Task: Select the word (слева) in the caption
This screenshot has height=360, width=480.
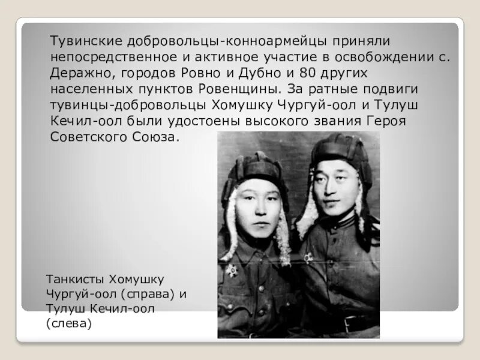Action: tap(68, 325)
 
